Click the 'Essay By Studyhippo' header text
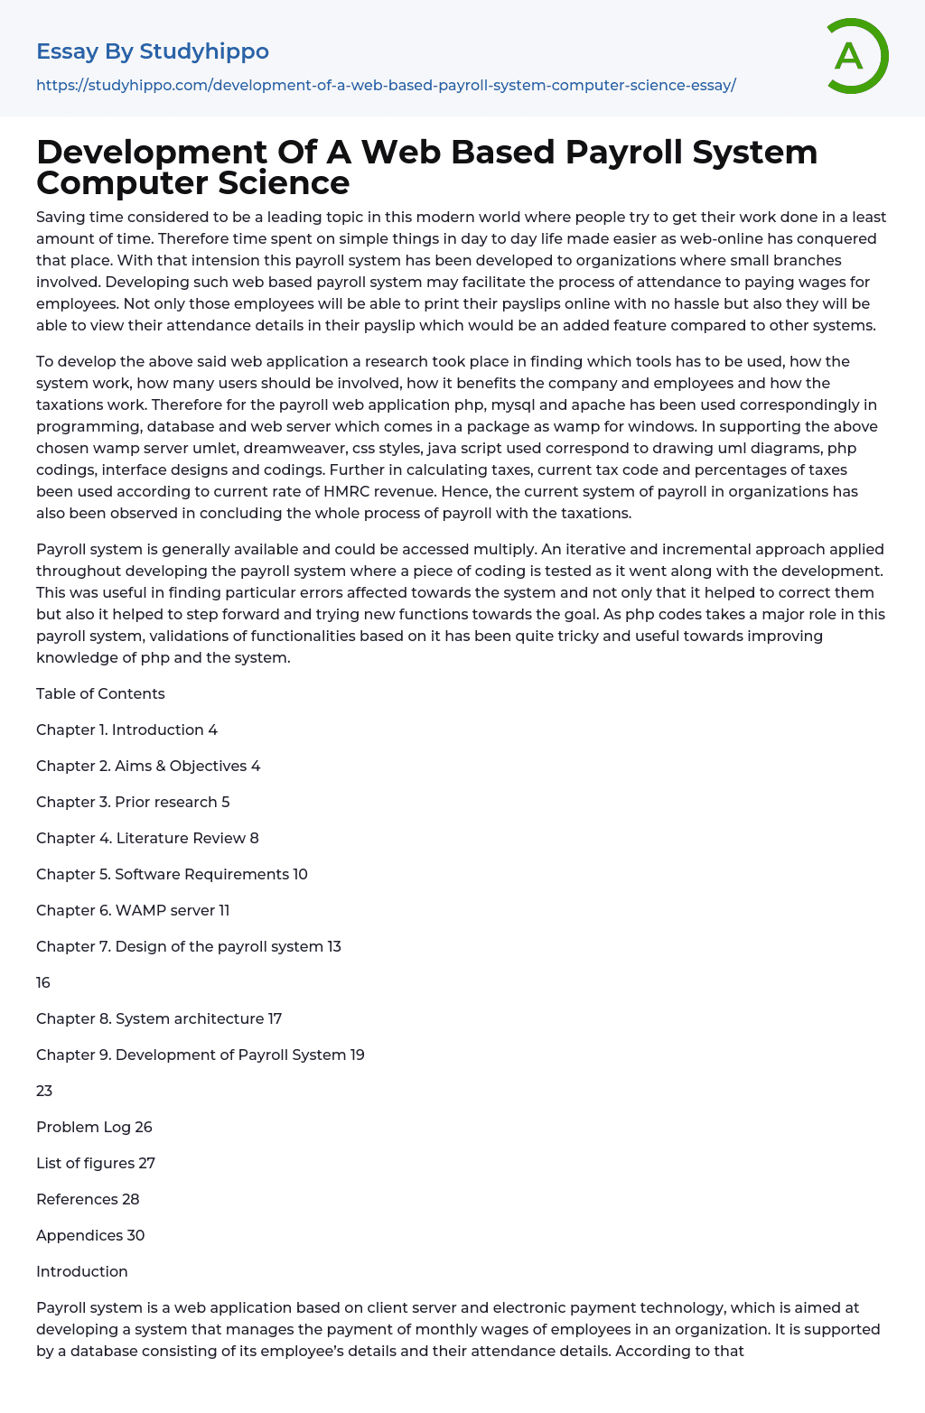153,51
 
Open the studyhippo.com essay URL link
386,86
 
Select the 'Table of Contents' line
100,693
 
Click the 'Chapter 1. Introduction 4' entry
126,730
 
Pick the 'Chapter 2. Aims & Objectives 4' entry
148,766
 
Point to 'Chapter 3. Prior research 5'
133,802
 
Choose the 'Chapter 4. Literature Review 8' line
147,838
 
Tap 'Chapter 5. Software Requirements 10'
172,874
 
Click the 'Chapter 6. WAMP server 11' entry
133,910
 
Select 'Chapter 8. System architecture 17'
159,1018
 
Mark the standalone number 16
43,982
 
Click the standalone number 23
44,1091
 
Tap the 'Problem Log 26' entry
94,1127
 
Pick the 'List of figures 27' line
96,1163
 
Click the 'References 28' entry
88,1199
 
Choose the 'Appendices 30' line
90,1235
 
